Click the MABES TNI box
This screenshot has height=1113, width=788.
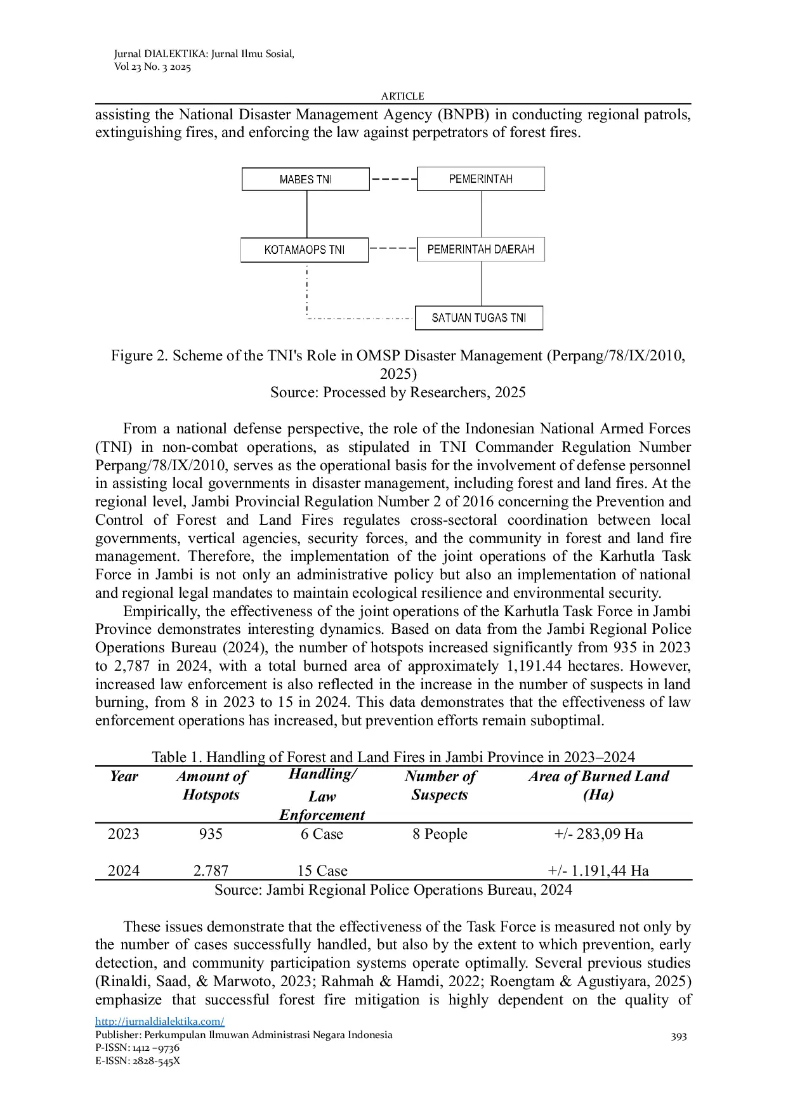coord(305,180)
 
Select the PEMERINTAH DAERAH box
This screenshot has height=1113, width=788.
coord(480,249)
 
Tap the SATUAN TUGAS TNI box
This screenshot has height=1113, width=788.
coord(479,318)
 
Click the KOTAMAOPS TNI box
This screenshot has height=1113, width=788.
coord(305,250)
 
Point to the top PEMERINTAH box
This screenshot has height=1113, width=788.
coord(480,179)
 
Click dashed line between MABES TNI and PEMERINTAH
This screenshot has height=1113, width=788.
coord(393,179)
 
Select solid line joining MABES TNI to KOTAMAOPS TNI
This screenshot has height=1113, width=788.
coord(307,214)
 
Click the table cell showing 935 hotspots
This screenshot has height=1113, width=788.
coord(211,834)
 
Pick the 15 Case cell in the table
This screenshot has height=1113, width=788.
coord(322,871)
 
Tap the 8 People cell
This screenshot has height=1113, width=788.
coord(440,834)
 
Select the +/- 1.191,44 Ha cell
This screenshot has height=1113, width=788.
coord(598,871)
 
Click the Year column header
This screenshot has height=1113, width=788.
coord(124,777)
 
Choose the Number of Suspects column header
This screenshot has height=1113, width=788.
coord(440,786)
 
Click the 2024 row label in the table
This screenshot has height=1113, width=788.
coord(124,871)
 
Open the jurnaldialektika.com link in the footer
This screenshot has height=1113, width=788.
coord(160,1022)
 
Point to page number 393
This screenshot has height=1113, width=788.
coord(679,1036)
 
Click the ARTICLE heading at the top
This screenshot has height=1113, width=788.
coord(402,96)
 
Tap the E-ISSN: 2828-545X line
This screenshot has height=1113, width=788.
coord(138,1061)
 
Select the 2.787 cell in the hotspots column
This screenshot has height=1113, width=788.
coord(211,871)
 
